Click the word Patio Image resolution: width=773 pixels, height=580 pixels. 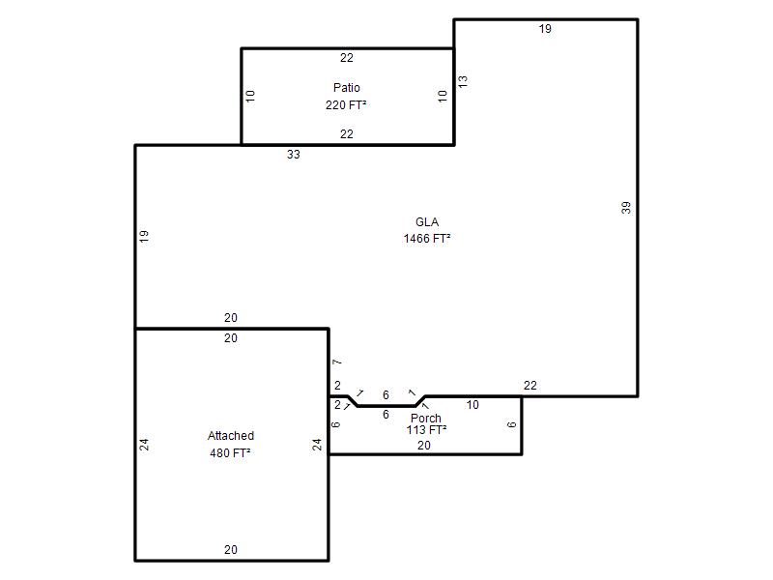click(347, 88)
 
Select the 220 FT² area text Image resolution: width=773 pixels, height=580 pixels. click(346, 105)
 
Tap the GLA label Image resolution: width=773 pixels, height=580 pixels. click(427, 222)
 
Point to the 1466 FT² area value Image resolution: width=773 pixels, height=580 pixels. click(427, 239)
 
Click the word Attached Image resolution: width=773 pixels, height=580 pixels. click(231, 436)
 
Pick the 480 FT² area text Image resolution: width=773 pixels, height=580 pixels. click(230, 452)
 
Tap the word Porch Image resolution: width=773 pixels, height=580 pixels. click(426, 419)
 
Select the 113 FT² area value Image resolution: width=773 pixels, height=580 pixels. click(426, 430)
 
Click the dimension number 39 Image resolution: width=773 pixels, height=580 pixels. click(626, 208)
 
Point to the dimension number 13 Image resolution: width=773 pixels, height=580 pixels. click(463, 81)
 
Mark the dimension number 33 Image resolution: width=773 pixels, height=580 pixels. click(294, 155)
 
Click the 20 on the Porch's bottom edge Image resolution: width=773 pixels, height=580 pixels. click(424, 446)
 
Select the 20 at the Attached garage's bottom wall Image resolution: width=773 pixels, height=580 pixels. click(231, 550)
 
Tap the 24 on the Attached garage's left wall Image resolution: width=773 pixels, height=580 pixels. click(144, 445)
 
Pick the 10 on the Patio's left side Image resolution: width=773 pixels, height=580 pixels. click(250, 96)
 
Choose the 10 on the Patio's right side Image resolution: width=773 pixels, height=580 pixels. click(443, 96)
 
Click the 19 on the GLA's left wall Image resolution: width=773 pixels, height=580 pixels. click(144, 236)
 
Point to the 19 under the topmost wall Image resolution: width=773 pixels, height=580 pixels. click(545, 29)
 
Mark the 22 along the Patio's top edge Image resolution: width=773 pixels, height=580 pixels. click(347, 58)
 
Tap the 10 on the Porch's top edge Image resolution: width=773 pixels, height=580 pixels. click(472, 405)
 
